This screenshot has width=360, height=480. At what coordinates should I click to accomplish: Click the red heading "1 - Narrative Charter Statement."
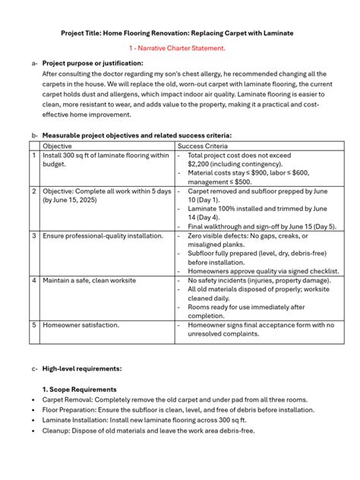point(179,48)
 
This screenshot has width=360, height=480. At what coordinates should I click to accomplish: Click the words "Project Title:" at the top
point(84,33)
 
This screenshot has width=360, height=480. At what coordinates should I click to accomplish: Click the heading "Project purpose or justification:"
point(93,63)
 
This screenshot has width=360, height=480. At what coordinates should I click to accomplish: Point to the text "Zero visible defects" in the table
point(221,236)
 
